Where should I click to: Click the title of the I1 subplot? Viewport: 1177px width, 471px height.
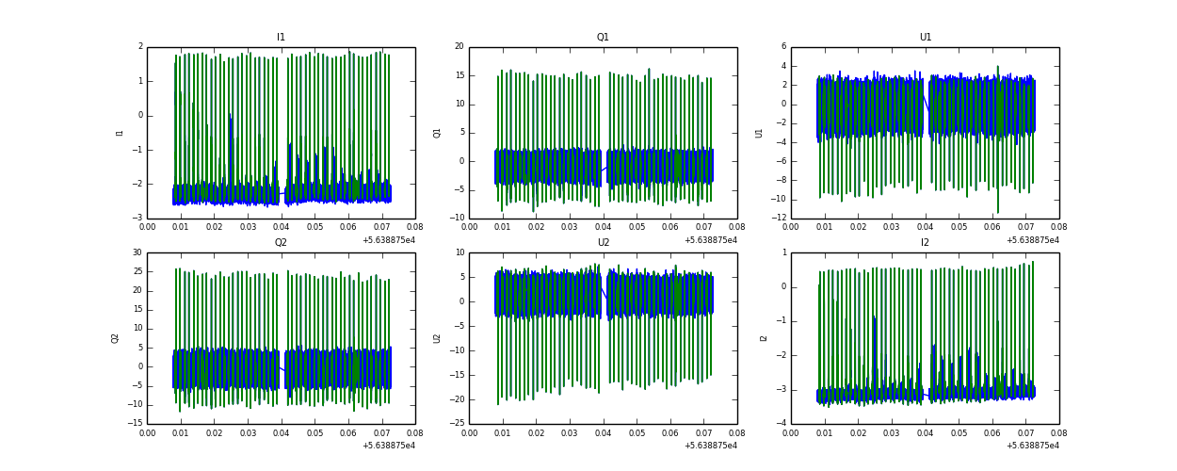pos(281,38)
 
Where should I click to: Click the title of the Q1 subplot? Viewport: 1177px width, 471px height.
pos(603,38)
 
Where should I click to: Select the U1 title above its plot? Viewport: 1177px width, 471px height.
pos(925,38)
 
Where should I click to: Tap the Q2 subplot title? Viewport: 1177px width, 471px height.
pos(281,243)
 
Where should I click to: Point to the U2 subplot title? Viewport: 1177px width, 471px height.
pos(603,243)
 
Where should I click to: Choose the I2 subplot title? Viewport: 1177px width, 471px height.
pos(925,243)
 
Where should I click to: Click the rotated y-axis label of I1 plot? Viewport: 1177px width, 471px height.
pos(120,133)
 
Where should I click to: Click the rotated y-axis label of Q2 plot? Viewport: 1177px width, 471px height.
pos(116,338)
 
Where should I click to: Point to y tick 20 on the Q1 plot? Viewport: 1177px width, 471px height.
pos(459,47)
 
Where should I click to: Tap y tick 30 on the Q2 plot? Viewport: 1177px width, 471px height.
pos(137,252)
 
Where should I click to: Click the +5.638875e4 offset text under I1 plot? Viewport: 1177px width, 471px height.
pos(389,240)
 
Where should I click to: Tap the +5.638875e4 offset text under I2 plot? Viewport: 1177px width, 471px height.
pos(1033,446)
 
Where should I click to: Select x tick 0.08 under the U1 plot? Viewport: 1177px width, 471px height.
pos(1058,227)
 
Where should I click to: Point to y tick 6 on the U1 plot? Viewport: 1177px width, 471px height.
pos(782,47)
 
